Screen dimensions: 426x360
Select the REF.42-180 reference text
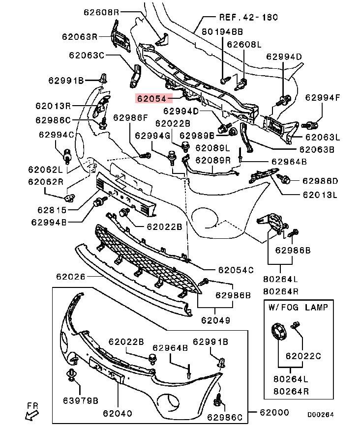point(248,17)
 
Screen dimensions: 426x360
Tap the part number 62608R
point(100,12)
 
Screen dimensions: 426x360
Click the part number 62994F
point(322,97)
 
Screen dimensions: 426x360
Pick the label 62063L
point(322,137)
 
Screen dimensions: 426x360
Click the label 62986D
point(320,181)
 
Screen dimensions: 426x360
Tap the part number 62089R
point(213,160)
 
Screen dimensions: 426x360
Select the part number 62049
point(215,321)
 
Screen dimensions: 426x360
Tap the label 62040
point(118,413)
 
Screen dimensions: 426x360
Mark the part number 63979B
point(80,400)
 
